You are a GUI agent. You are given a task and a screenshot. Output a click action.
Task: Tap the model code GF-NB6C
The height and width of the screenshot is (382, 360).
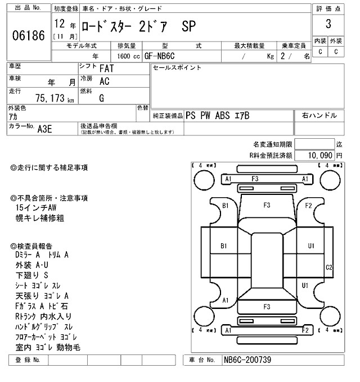160,56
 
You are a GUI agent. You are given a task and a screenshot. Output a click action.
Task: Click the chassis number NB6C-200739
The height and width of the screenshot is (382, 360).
248,360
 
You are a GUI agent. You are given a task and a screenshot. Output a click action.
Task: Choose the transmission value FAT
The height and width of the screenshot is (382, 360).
106,69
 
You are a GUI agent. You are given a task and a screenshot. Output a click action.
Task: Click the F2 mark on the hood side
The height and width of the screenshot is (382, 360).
308,206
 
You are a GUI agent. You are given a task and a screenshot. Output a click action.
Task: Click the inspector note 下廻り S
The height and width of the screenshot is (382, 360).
32,275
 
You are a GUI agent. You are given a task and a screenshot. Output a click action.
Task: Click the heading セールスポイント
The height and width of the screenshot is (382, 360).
177,68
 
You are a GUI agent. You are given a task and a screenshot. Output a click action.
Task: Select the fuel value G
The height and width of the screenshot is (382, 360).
101,97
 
